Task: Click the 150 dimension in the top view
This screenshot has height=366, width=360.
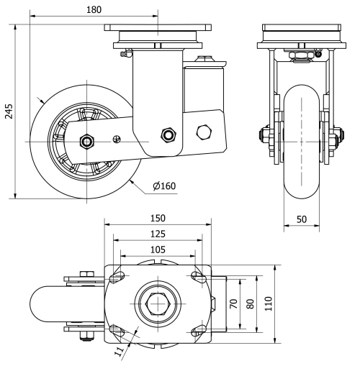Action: (x=158, y=218)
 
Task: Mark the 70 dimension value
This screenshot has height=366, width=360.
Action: (x=233, y=304)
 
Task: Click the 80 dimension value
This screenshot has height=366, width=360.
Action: (x=250, y=304)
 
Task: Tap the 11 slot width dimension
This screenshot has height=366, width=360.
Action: (x=120, y=352)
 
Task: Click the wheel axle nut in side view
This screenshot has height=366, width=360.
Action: (x=86, y=140)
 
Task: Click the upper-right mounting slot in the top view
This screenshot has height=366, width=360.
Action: (x=197, y=276)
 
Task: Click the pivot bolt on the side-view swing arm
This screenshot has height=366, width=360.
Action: (x=169, y=134)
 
